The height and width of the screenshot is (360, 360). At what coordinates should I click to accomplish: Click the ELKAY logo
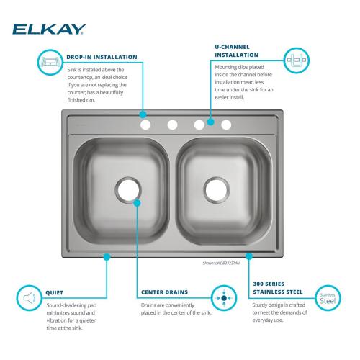click(x=48, y=30)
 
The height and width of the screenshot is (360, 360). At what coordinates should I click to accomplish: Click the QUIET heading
click(x=54, y=293)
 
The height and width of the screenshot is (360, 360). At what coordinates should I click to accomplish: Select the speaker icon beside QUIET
click(x=29, y=297)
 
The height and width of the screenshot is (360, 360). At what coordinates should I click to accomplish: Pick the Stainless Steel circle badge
click(x=328, y=297)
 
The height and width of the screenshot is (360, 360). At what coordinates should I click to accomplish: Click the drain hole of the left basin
click(x=127, y=189)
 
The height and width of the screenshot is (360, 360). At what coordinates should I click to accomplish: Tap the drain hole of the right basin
click(x=215, y=189)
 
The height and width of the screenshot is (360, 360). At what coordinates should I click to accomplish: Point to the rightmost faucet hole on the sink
click(x=226, y=125)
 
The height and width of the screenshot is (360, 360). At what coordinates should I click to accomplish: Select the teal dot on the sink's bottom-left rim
click(x=106, y=256)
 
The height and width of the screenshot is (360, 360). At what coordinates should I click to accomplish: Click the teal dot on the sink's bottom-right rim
click(x=248, y=256)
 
